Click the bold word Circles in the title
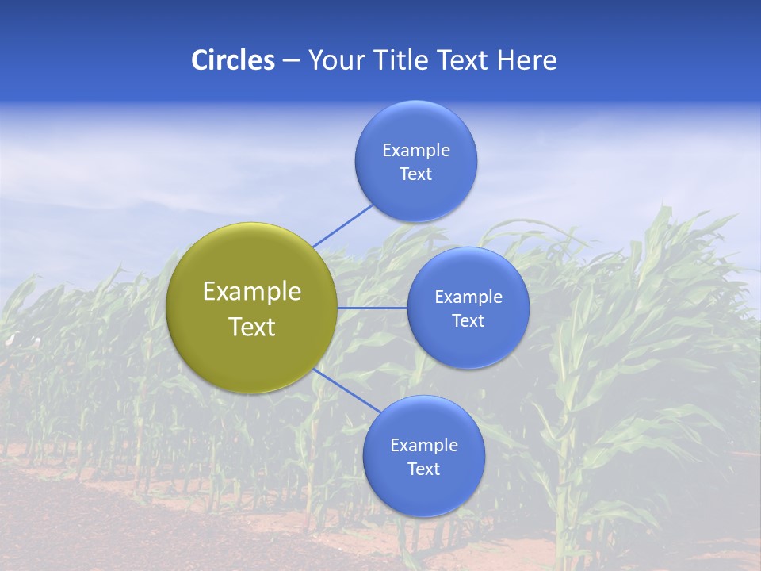tap(233, 60)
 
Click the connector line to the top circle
tap(342, 226)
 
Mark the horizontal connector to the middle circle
tap(372, 308)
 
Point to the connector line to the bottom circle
tap(346, 390)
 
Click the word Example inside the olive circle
tap(252, 292)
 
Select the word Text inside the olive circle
tap(252, 327)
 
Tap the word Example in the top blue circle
tap(416, 151)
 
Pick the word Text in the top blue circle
tap(416, 174)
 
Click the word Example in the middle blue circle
tap(468, 297)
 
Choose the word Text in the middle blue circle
tap(468, 321)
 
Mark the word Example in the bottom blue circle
tap(424, 446)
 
